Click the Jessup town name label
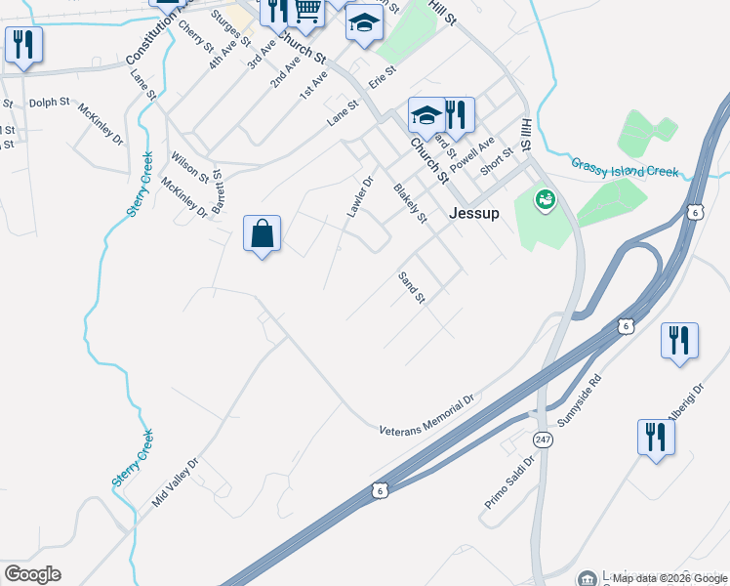point(474,214)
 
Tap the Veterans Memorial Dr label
point(426,416)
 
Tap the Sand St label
point(411,286)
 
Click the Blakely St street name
point(410,202)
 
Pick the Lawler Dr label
point(360,196)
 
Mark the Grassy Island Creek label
point(625,168)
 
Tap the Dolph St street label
point(50,101)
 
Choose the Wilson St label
point(189,166)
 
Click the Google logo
point(32,574)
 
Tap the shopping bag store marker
point(262,234)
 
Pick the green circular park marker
point(545,201)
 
